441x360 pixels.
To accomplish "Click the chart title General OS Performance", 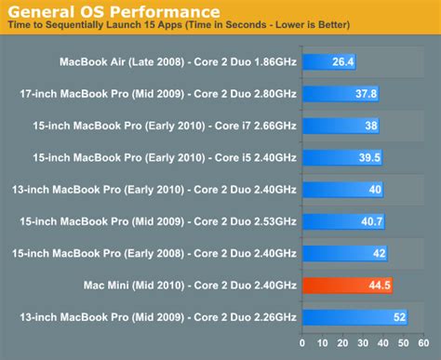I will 112,12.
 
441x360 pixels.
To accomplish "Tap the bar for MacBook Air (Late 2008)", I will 330,63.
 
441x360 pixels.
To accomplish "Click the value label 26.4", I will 343,63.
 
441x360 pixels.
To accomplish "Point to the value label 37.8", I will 367,95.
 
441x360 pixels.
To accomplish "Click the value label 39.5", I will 369,158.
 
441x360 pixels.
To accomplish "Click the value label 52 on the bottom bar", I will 399,316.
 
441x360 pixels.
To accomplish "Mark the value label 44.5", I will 379,285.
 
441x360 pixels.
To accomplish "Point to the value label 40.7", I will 372,221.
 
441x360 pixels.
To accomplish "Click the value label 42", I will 379,253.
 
